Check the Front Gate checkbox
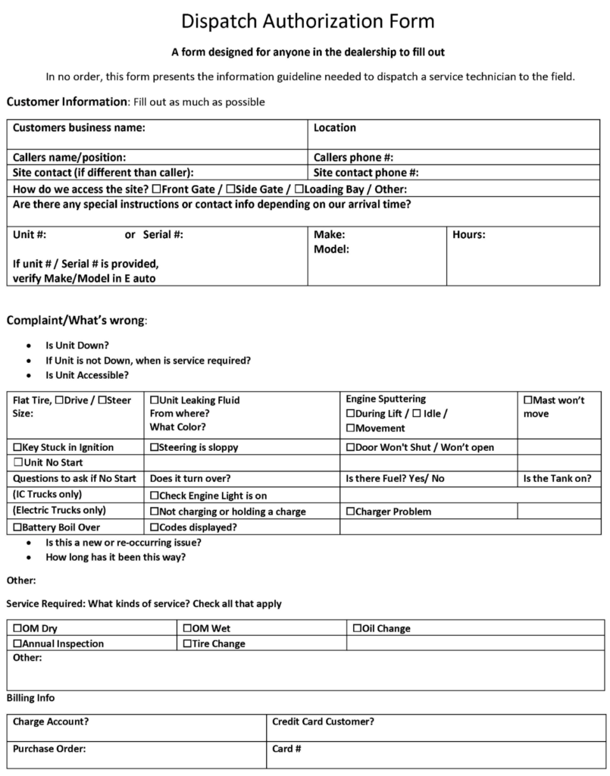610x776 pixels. (x=156, y=189)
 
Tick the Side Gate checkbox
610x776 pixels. (x=230, y=189)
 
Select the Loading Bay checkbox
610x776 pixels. (x=299, y=189)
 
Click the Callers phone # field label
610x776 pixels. (x=353, y=158)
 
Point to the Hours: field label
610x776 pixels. (x=469, y=235)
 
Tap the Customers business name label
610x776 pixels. (x=79, y=128)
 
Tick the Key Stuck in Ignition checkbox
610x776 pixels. (x=18, y=448)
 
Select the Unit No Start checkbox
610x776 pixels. (x=18, y=463)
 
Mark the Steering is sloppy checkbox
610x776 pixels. (x=155, y=448)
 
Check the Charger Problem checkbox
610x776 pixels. (x=350, y=512)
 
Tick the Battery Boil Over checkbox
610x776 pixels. (x=18, y=527)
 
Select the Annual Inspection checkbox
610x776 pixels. (x=18, y=644)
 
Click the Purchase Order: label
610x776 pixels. (x=49, y=749)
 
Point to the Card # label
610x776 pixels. (x=287, y=749)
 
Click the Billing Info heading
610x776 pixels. (x=30, y=698)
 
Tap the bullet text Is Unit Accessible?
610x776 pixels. (x=86, y=375)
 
